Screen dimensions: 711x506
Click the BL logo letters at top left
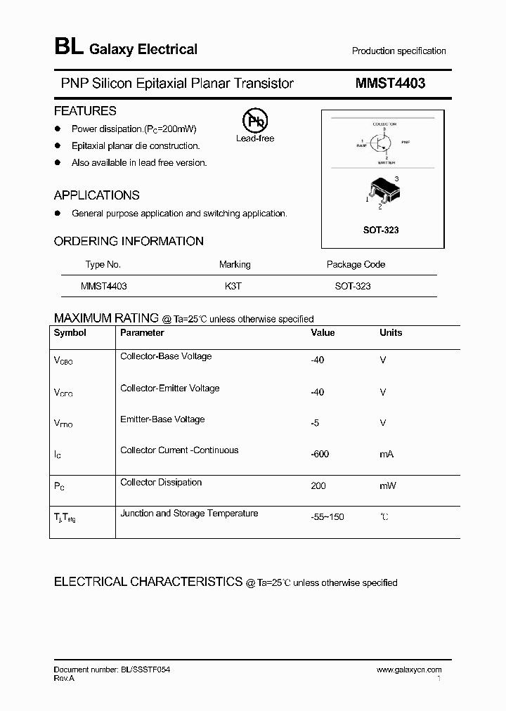68,48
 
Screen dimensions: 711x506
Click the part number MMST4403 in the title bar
390,84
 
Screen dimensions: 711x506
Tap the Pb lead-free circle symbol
254,122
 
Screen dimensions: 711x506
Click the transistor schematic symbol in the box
382,141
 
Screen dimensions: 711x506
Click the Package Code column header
356,265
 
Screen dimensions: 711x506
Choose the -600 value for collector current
320,454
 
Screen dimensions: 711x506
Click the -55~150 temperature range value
327,517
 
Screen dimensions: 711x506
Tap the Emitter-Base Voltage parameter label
162,419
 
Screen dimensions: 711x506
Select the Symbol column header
70,333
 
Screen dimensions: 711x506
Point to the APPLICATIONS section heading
97,195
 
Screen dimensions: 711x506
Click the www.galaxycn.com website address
409,670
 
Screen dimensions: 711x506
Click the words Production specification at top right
398,51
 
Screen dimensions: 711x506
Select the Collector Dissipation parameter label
161,483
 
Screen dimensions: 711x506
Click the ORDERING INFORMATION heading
129,241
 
